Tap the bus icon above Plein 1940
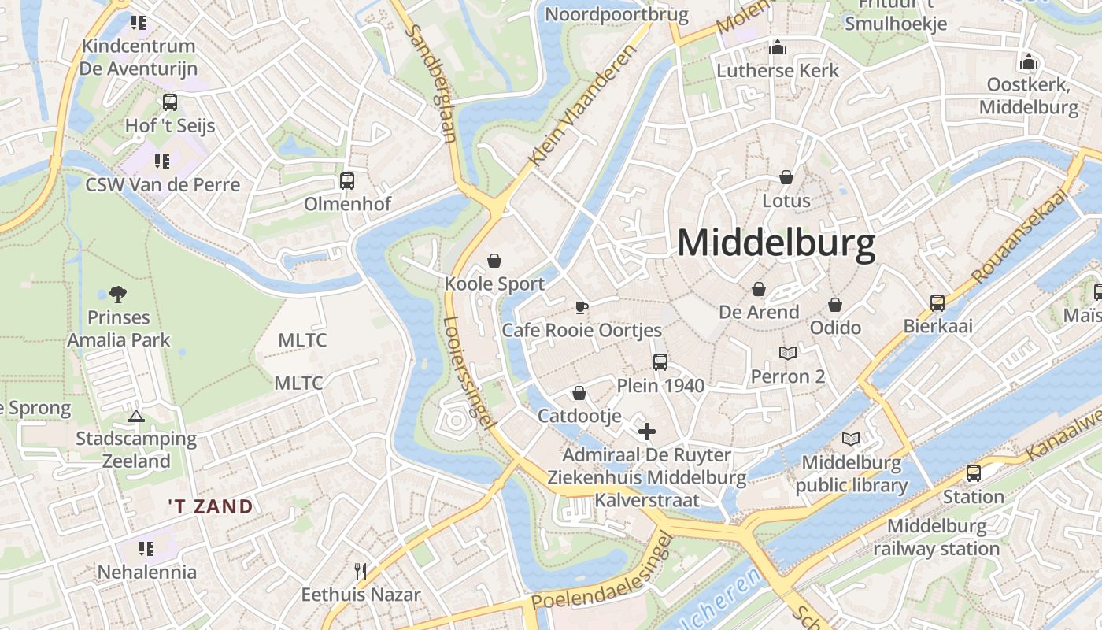click(x=660, y=362)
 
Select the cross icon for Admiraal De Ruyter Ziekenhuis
click(x=646, y=431)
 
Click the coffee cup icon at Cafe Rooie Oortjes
click(x=581, y=307)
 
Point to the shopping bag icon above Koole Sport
click(x=494, y=261)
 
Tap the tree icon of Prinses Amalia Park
click(x=118, y=295)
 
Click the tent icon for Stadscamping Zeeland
click(x=135, y=416)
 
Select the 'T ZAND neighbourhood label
click(x=210, y=506)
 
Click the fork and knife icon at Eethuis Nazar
click(x=361, y=571)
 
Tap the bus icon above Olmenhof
click(x=347, y=181)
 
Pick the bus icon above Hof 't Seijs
click(x=170, y=102)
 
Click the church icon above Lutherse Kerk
click(x=778, y=48)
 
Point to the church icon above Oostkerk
click(x=1028, y=61)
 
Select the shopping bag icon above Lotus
click(x=786, y=177)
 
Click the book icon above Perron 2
click(x=788, y=354)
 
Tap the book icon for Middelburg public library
click(x=851, y=439)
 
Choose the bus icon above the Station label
click(x=974, y=473)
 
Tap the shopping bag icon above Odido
click(x=835, y=305)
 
